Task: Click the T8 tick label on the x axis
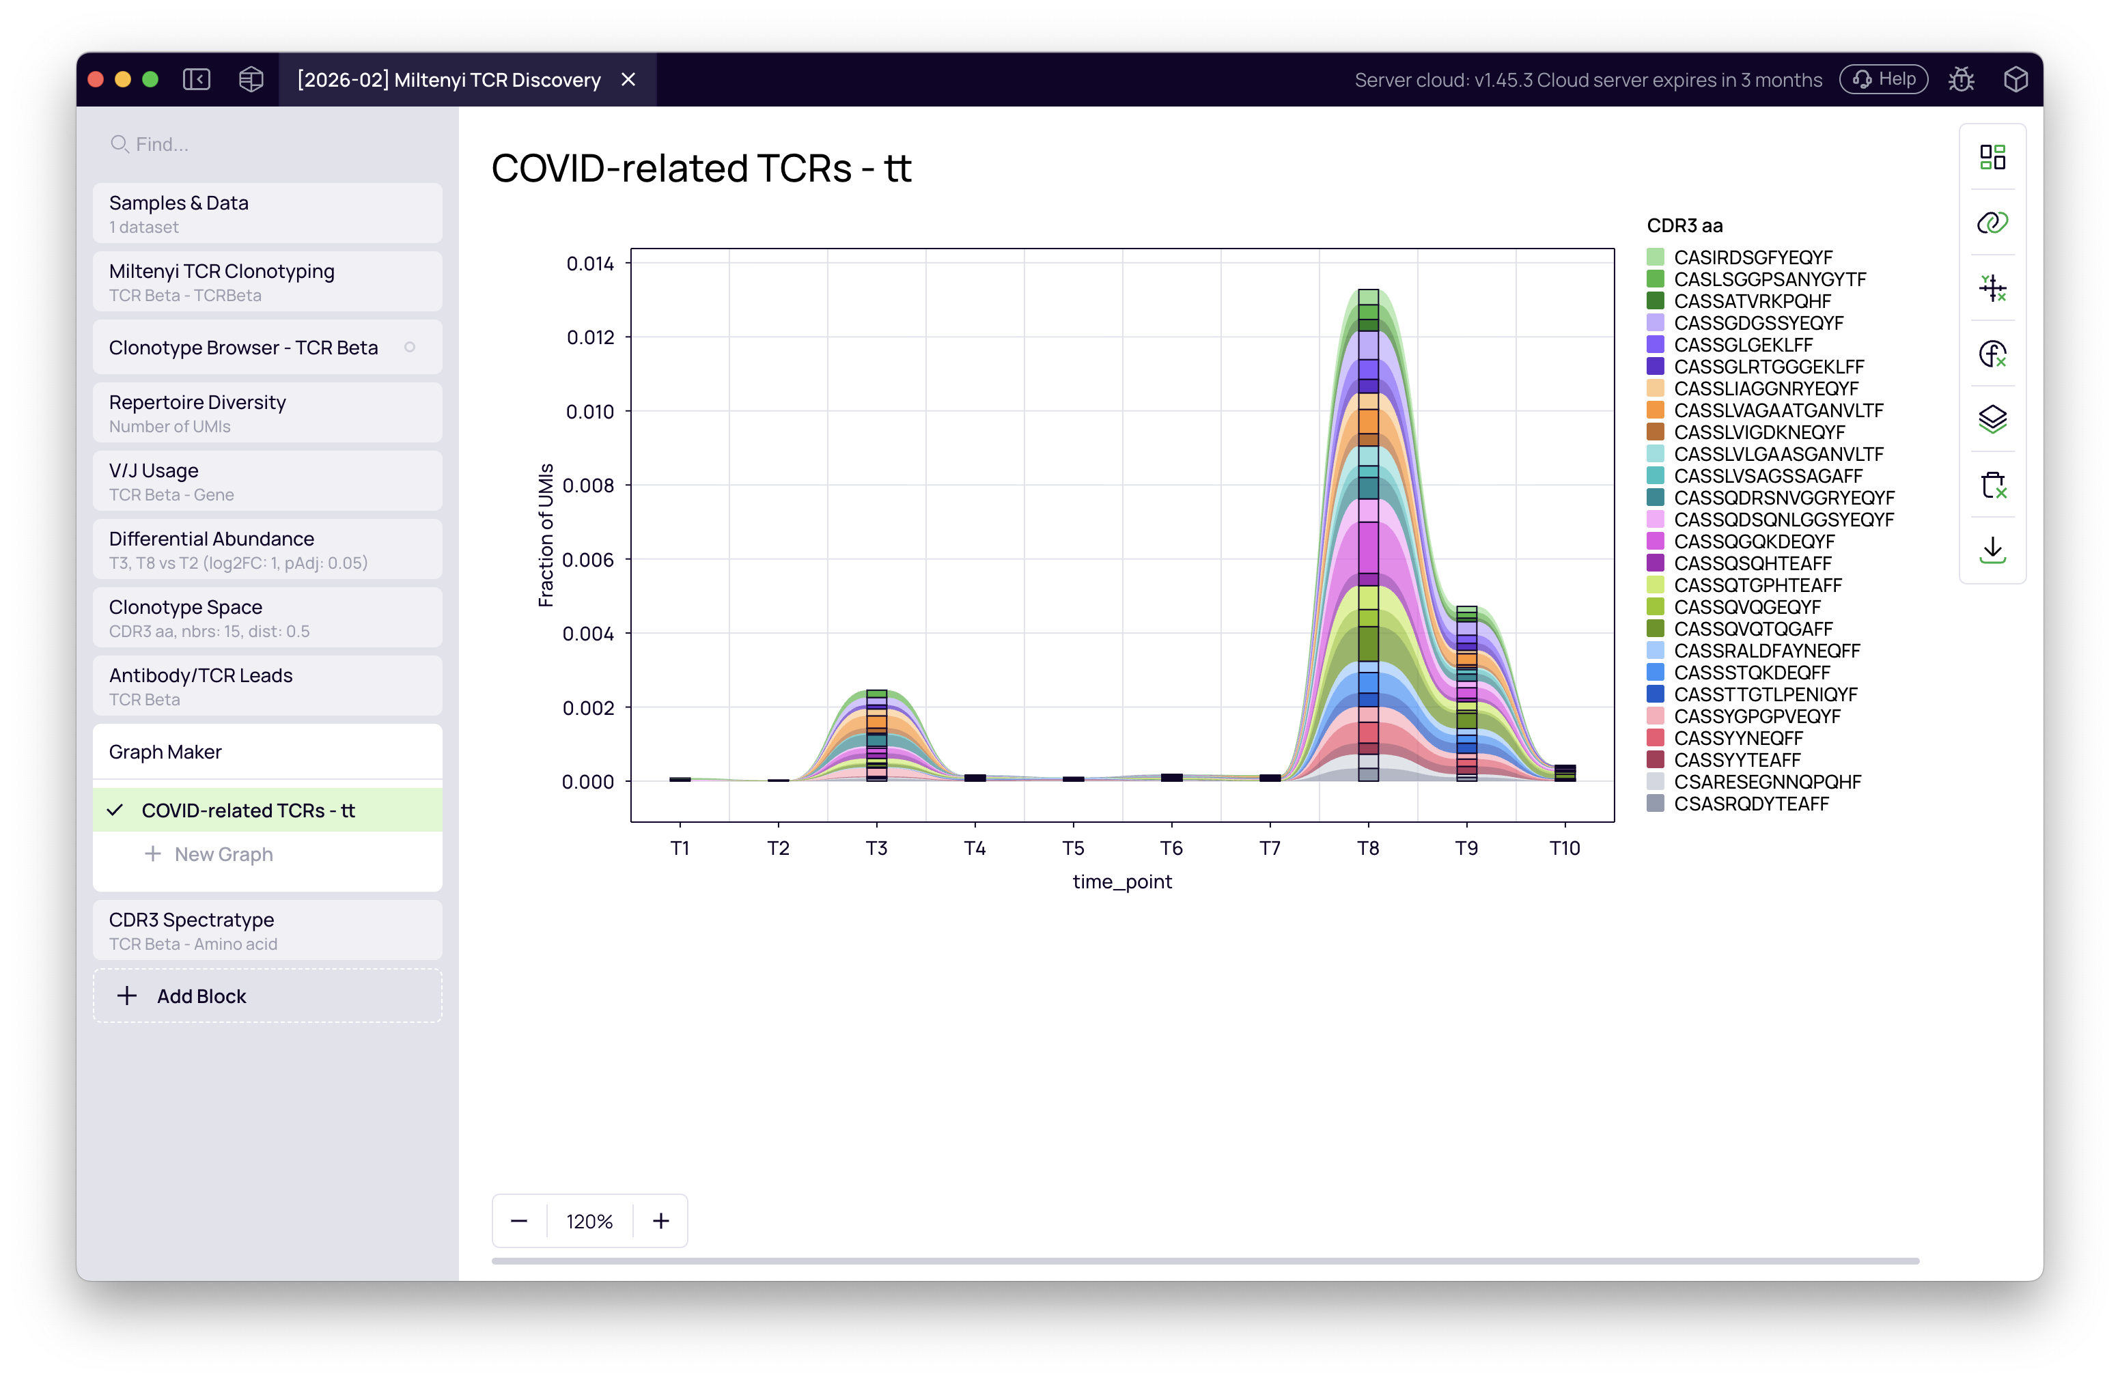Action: coord(1367,848)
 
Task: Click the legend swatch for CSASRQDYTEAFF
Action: coord(1655,803)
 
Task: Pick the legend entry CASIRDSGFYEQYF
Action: coord(1752,257)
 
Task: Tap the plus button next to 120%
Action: coord(660,1221)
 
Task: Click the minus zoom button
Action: coord(519,1221)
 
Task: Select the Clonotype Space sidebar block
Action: coord(267,618)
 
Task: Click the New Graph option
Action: coord(223,854)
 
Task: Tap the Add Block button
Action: coord(267,996)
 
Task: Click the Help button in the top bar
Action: coord(1883,79)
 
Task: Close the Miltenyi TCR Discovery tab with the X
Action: coord(628,79)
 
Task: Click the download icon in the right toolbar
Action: coord(1992,550)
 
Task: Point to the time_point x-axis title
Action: coord(1121,882)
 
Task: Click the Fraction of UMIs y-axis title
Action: coord(545,535)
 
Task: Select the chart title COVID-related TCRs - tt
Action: coord(701,168)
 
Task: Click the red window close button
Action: coord(96,79)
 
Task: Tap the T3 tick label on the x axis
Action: coord(876,848)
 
